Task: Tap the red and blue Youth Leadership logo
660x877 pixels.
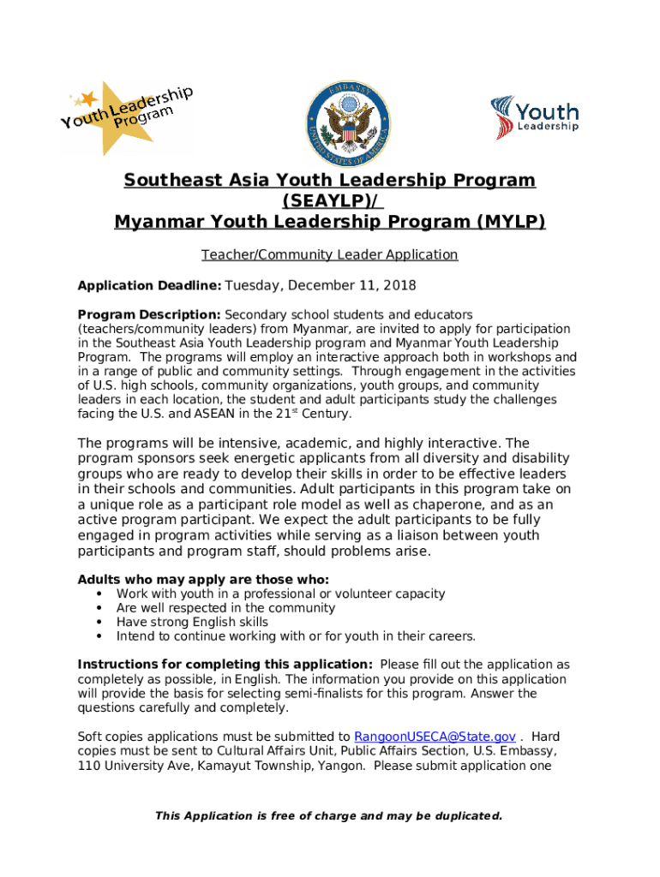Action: pos(535,118)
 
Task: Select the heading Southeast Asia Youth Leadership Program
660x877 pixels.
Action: pos(330,181)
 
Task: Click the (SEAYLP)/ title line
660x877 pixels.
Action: pos(330,201)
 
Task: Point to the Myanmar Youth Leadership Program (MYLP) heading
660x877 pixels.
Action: pos(330,223)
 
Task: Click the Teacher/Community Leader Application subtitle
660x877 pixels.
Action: pos(330,255)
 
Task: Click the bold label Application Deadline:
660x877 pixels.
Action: pos(150,286)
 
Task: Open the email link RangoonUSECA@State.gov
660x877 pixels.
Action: pos(435,737)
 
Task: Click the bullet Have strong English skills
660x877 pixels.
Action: pos(192,623)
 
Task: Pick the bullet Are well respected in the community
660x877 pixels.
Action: pos(225,608)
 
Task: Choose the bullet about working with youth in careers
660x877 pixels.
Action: pos(296,636)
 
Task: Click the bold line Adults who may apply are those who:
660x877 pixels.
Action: pos(203,579)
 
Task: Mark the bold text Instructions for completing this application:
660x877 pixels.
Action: pos(225,665)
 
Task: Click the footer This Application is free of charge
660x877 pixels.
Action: pos(329,816)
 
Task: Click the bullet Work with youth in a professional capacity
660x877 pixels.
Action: pos(280,594)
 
